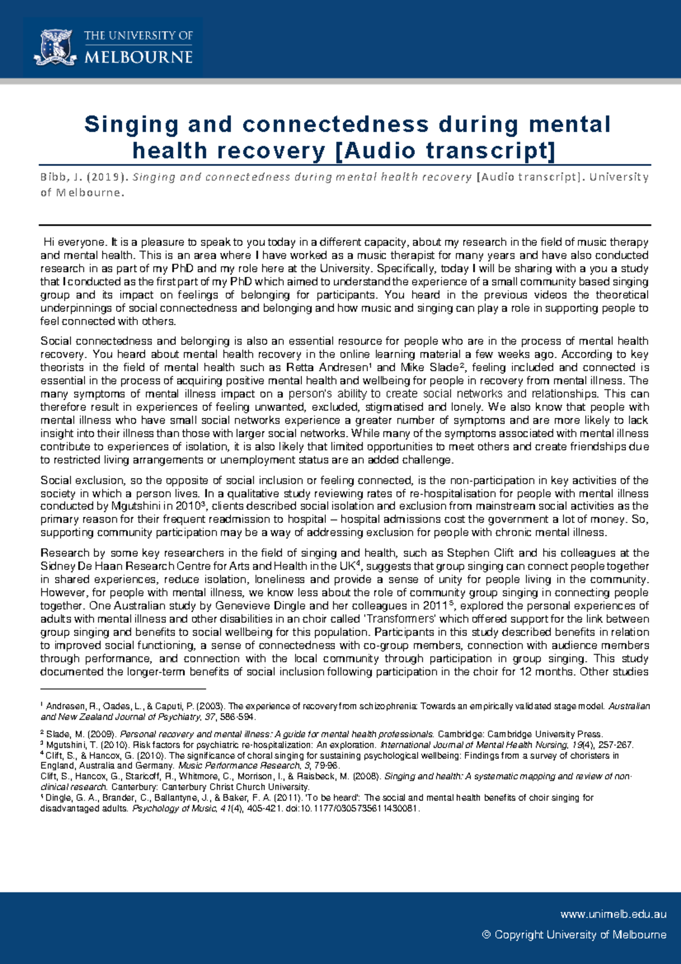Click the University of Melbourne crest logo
(x=55, y=47)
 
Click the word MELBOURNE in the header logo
(x=138, y=57)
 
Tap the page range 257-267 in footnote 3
(x=613, y=745)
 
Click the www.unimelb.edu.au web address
(x=613, y=914)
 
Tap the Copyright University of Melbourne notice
(x=574, y=934)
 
